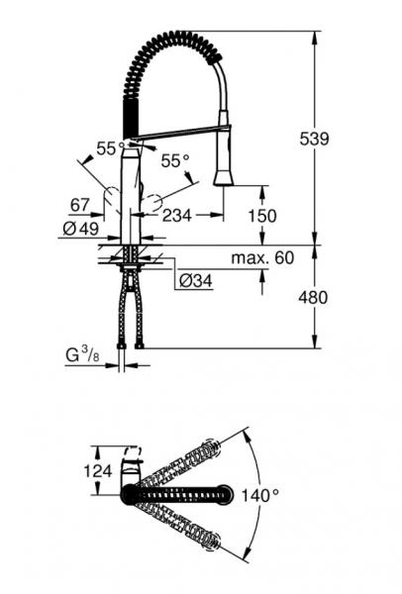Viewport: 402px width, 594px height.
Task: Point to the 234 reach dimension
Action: pos(177,216)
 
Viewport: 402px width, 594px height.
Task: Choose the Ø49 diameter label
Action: pos(82,228)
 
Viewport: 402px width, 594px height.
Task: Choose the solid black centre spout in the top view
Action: pos(183,492)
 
